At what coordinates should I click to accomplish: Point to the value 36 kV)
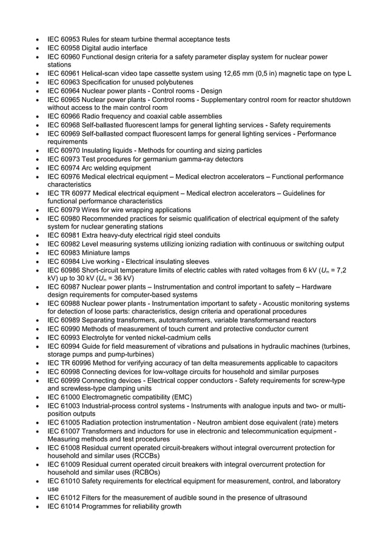(122, 278)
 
